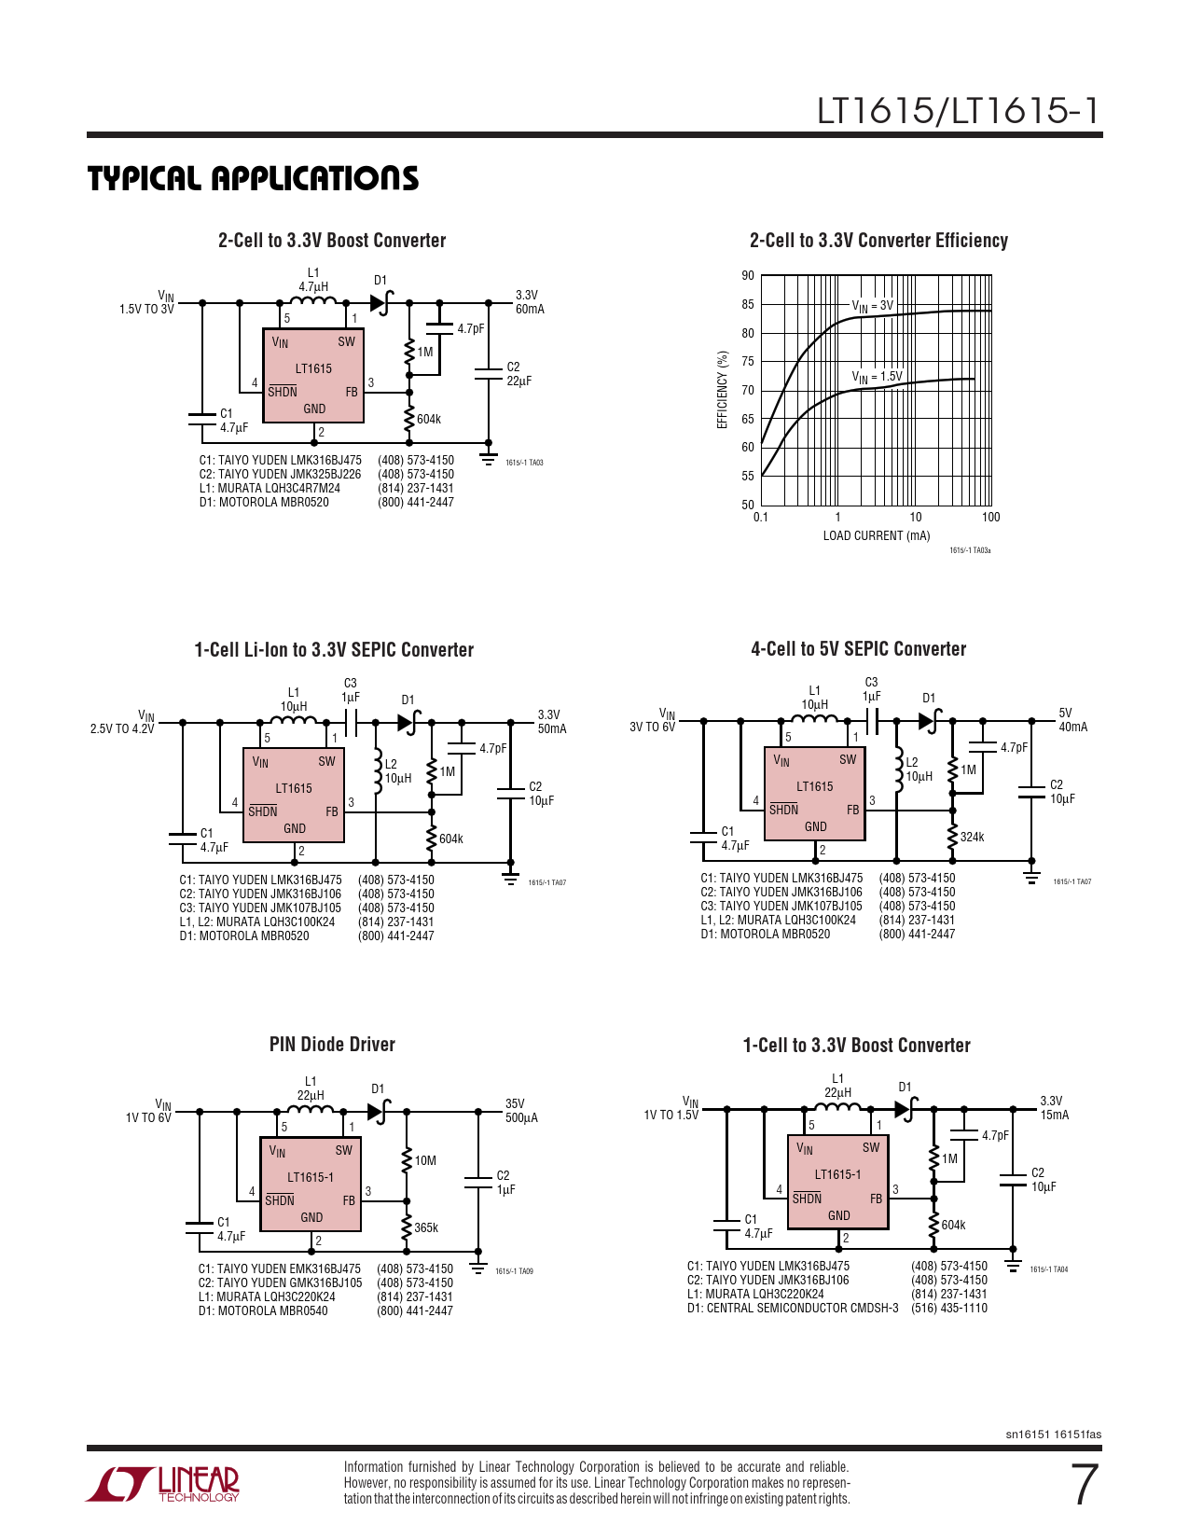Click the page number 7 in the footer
coord(1085,1485)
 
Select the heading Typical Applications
coord(253,178)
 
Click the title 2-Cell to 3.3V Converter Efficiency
coord(878,241)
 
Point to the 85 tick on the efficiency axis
coord(748,305)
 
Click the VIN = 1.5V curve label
coord(877,377)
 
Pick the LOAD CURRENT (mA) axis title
coord(877,535)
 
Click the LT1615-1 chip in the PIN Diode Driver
coord(311,1184)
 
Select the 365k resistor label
coord(426,1227)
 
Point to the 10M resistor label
coord(425,1160)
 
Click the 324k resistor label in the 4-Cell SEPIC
coord(973,837)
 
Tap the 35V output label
coord(515,1103)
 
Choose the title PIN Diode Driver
coord(332,1044)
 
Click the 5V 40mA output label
coord(1072,719)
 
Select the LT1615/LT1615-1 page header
coord(959,111)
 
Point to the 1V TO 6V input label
coord(148,1117)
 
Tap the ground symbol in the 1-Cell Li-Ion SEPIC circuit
coord(510,878)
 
